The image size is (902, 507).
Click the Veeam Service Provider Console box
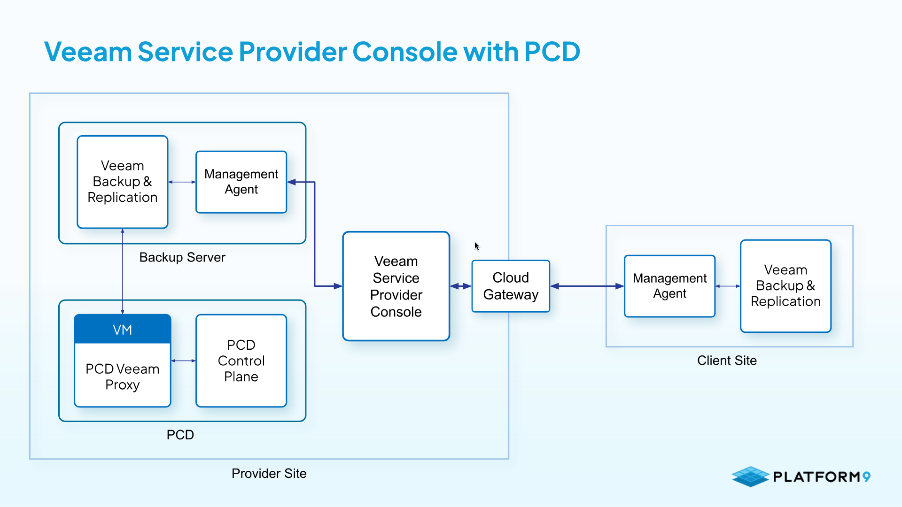point(396,286)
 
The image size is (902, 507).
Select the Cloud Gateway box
point(511,286)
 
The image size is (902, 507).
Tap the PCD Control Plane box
point(241,361)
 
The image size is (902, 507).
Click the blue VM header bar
point(123,329)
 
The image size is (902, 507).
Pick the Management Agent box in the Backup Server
point(241,182)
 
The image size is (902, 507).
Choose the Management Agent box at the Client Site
point(669,286)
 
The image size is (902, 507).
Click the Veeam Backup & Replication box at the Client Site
point(785,286)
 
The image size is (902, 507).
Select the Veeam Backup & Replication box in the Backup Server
point(123,182)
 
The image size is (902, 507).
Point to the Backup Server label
point(182,257)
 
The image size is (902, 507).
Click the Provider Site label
point(269,473)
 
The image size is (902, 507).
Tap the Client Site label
point(727,361)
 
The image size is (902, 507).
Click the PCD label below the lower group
point(180,435)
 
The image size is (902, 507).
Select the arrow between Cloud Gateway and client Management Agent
point(587,286)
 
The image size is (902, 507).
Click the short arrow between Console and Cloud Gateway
point(461,286)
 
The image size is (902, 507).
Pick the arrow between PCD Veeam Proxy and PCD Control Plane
point(183,361)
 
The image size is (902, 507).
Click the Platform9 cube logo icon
point(750,476)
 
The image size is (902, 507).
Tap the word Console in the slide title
point(404,51)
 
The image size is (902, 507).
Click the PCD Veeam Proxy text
point(123,376)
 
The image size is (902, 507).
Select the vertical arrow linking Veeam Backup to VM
point(123,271)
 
